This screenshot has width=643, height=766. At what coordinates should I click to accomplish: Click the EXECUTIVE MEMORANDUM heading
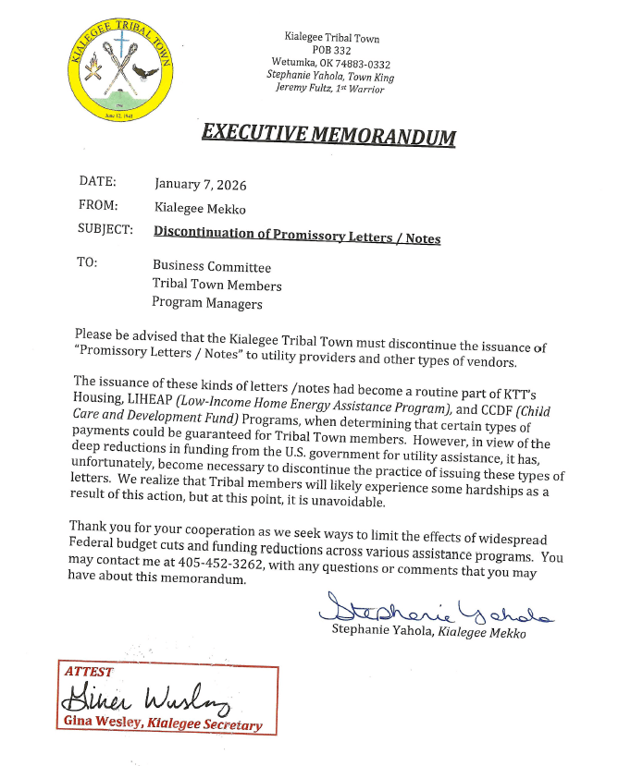tap(328, 133)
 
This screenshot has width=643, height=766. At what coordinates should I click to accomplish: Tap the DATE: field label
tap(97, 182)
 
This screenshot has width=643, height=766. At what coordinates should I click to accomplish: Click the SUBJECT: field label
tap(105, 229)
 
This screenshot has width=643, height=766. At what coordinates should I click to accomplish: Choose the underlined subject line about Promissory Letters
tap(296, 237)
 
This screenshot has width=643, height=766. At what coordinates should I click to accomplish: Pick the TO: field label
tap(87, 262)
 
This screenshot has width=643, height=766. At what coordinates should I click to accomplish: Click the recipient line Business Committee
tap(212, 267)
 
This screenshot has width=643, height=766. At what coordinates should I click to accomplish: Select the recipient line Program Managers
tap(207, 303)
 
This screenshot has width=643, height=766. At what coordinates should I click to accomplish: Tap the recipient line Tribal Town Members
tap(217, 286)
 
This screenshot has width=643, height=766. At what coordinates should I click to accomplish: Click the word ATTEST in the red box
tap(89, 672)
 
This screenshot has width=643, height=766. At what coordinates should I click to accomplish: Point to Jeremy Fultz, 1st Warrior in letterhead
tap(329, 89)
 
